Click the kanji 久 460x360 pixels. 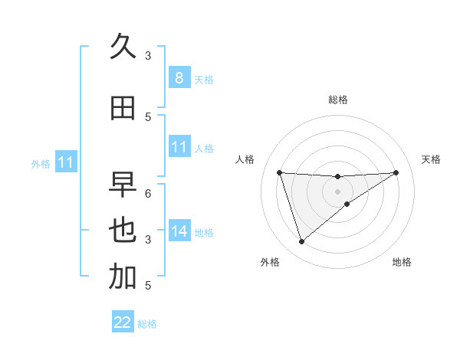(x=123, y=47)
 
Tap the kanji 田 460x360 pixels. (x=123, y=108)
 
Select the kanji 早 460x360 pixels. (x=123, y=185)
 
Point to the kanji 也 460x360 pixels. (x=123, y=231)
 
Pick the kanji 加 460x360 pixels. (x=123, y=277)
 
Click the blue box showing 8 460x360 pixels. (x=179, y=77)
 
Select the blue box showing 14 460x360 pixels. (x=179, y=231)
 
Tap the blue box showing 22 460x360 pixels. (x=123, y=322)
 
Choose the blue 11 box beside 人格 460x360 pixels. (x=179, y=147)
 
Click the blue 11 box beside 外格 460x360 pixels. (x=65, y=162)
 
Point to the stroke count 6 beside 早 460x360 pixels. (x=148, y=193)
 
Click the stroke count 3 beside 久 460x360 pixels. (x=148, y=55)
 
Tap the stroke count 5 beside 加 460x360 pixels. (x=148, y=286)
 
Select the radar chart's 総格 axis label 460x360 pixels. (x=337, y=100)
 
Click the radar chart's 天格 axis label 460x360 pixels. (x=431, y=159)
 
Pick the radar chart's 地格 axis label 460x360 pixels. (x=402, y=262)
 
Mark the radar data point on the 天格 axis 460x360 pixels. (x=396, y=172)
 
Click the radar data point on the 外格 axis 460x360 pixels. (x=301, y=242)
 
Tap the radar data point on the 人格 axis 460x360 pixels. (x=279, y=172)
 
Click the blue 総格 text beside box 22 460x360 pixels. (x=147, y=324)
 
